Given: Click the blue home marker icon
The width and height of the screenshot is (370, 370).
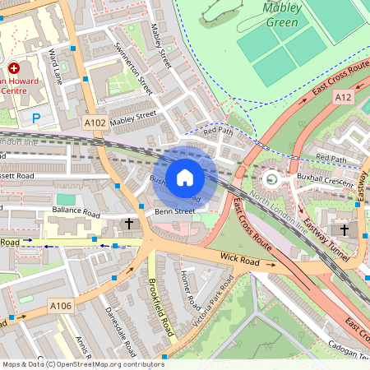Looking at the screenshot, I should pos(185,177).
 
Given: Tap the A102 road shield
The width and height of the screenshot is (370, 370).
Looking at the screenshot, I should pos(95,123).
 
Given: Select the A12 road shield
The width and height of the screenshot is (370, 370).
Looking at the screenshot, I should pos(344,97).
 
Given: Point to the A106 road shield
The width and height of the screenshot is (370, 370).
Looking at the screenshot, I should pos(61,306).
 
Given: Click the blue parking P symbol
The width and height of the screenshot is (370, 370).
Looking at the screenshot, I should pos(35,118).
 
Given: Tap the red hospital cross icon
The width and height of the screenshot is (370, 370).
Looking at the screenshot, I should pos(13,68).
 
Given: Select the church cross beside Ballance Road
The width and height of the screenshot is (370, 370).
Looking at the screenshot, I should pos(128,223).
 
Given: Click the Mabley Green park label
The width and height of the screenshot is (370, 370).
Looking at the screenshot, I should pos(281,15).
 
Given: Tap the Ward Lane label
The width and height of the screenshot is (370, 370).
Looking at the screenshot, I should pos(56,65).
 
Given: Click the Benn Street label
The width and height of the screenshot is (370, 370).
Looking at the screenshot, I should pos(174,211).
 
